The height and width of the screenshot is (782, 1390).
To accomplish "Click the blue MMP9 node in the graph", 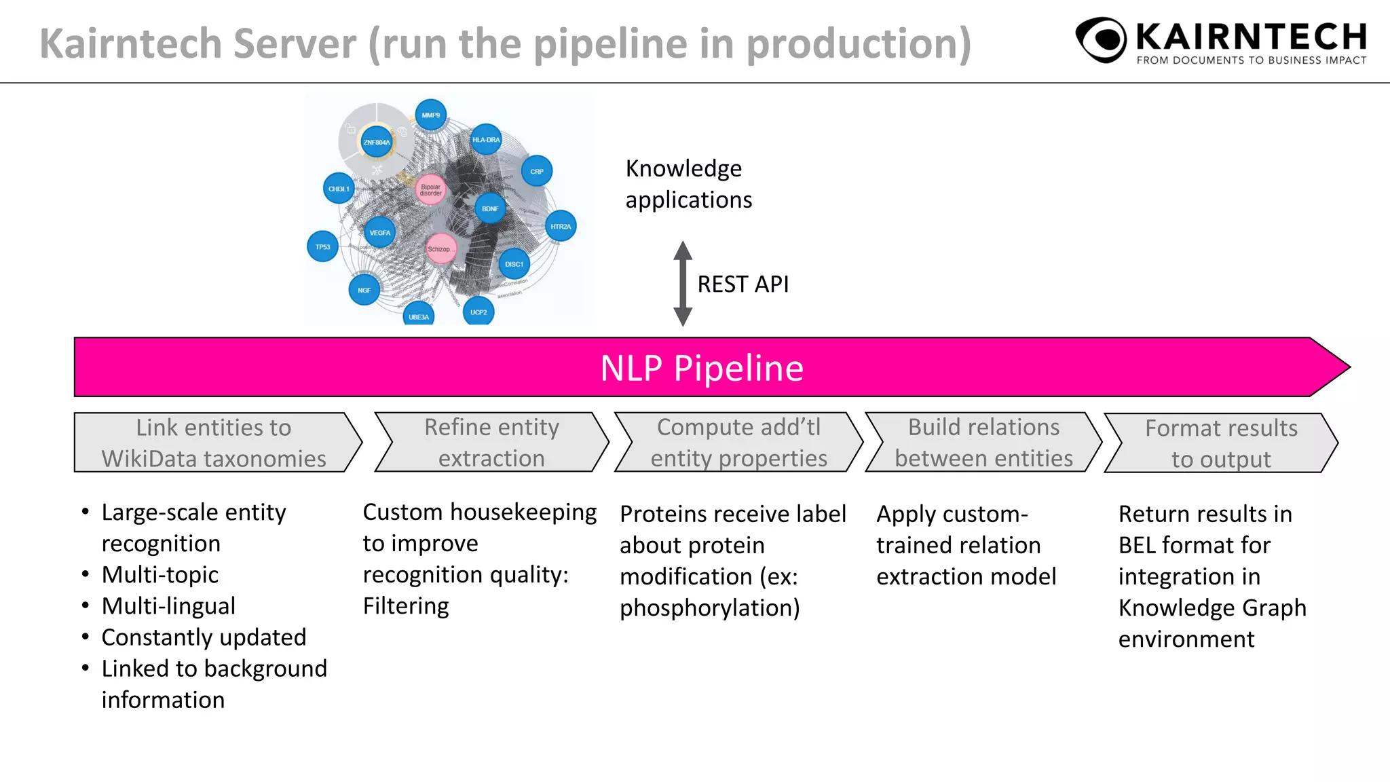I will click(x=430, y=115).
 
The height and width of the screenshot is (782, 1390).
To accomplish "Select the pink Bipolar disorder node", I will click(x=430, y=189).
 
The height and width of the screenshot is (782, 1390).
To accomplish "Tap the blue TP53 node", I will click(x=322, y=247).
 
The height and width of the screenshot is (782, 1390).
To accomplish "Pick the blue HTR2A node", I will click(x=561, y=226).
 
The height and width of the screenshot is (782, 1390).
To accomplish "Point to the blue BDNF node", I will click(x=489, y=208).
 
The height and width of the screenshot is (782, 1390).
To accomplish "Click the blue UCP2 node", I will click(x=478, y=312).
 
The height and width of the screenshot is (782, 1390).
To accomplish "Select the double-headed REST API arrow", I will click(x=683, y=284).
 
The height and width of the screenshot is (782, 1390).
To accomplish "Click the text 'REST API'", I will click(x=743, y=284).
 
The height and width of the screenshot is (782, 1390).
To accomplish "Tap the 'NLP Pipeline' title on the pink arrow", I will click(x=702, y=368).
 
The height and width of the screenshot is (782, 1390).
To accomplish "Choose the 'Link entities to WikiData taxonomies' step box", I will click(x=214, y=443).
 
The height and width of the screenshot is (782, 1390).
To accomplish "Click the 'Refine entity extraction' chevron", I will click(x=491, y=443).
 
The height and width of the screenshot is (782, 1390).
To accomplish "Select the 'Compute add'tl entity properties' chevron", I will click(x=738, y=443).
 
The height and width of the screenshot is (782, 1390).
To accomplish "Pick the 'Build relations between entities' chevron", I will click(x=983, y=443).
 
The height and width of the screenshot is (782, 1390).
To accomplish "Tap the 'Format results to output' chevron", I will click(x=1221, y=443).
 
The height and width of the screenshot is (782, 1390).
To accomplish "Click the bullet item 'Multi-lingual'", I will click(x=168, y=606).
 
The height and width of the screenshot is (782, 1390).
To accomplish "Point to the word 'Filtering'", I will click(x=406, y=606).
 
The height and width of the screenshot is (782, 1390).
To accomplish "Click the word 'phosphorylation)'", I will click(x=709, y=608).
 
